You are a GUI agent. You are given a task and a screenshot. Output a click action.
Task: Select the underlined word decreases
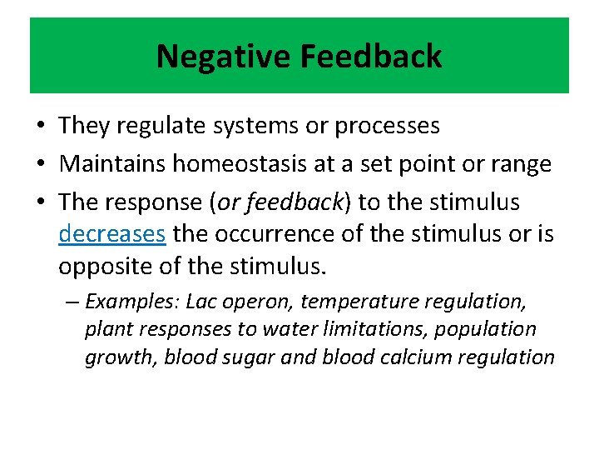point(112,234)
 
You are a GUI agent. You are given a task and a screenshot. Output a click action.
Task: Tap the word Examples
point(132,301)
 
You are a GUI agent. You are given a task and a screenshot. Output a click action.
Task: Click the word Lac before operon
point(202,301)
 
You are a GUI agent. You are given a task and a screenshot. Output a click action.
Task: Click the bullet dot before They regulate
point(41,127)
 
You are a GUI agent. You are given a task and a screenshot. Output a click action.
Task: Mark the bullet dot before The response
point(41,202)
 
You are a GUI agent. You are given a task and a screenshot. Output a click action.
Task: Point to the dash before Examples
point(72,301)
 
